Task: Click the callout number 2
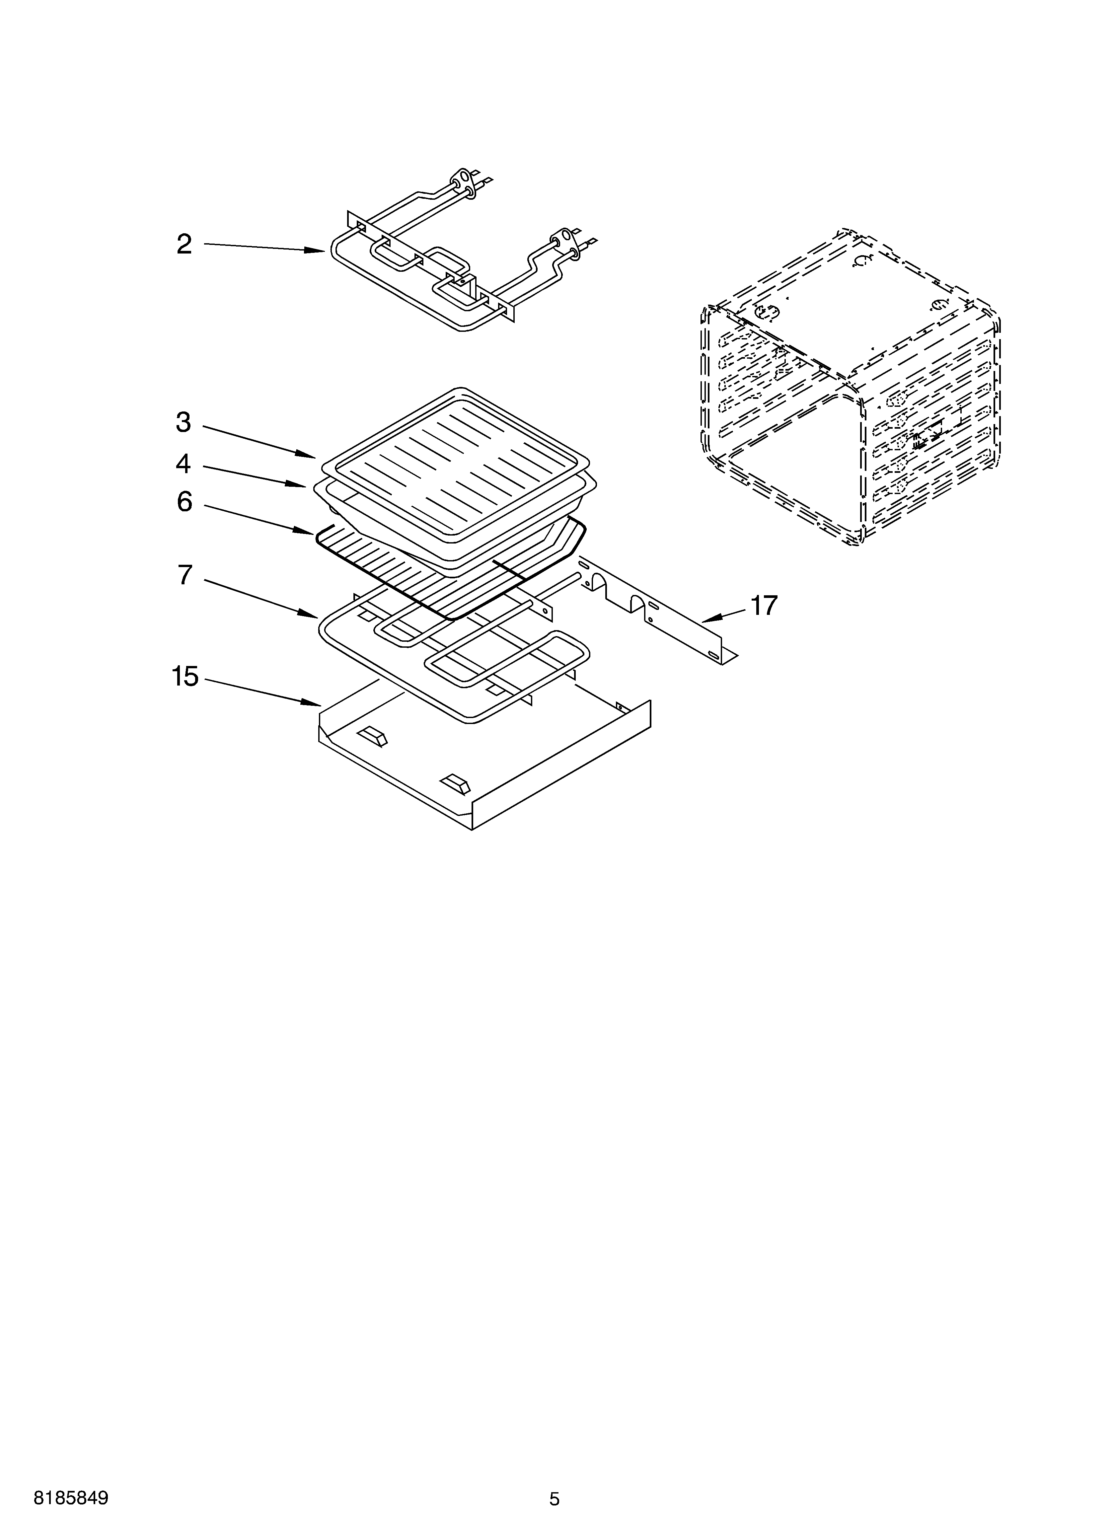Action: click(184, 244)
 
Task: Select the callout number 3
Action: click(184, 423)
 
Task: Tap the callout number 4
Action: click(184, 464)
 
